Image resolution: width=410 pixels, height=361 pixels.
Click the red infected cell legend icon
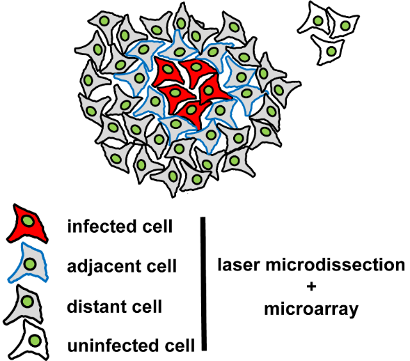point(26,225)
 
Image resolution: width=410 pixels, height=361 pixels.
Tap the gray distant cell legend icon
point(26,305)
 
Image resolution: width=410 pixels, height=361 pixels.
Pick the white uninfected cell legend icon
point(31,340)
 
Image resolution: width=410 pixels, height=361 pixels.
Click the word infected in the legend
point(102,226)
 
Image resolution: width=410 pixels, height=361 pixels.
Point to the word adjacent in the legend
point(104,266)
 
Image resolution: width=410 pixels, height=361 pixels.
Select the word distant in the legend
point(97,307)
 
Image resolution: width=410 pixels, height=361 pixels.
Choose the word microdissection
point(336,265)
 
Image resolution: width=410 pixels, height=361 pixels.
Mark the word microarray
point(311,309)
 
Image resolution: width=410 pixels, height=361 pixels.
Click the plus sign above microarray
point(311,286)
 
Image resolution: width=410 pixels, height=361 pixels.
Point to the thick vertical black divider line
point(204,284)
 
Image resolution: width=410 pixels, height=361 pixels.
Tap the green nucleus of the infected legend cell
point(28,222)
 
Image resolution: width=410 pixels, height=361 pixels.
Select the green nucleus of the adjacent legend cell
point(29,263)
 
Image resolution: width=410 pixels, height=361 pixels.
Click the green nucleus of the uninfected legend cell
point(35,341)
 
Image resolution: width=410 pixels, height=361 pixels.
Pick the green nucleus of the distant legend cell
point(27,302)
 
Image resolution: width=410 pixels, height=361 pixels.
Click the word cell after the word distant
point(147,307)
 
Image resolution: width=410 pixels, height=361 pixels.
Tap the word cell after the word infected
point(158,226)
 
